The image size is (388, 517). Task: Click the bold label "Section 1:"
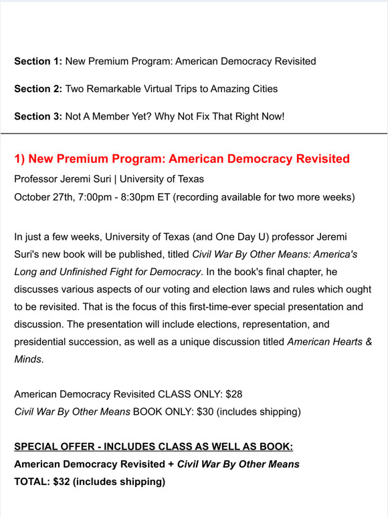tap(38, 61)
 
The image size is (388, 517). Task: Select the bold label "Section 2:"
tap(38, 89)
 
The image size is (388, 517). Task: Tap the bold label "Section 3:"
tap(38, 116)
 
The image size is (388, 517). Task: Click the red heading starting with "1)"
tap(182, 159)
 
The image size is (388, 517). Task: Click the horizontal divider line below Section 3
tap(194, 134)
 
